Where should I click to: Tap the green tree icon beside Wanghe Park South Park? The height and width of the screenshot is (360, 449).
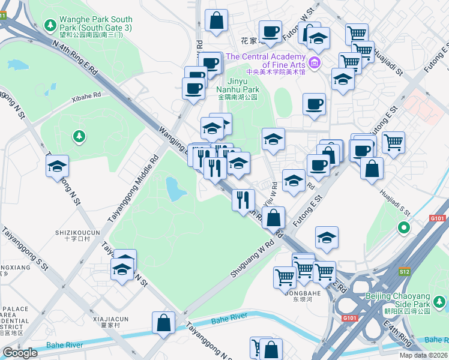(51, 25)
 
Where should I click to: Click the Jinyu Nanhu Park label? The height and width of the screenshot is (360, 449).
(237, 89)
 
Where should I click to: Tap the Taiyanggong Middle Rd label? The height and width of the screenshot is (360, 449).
(133, 189)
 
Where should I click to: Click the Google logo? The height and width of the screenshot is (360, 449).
(20, 353)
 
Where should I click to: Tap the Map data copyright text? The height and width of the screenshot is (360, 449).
(423, 355)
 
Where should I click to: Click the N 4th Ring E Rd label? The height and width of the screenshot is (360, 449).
(76, 60)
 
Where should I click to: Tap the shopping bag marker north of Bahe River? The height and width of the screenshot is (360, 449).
(164, 323)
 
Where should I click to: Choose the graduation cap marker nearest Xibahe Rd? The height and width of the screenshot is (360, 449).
(58, 167)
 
